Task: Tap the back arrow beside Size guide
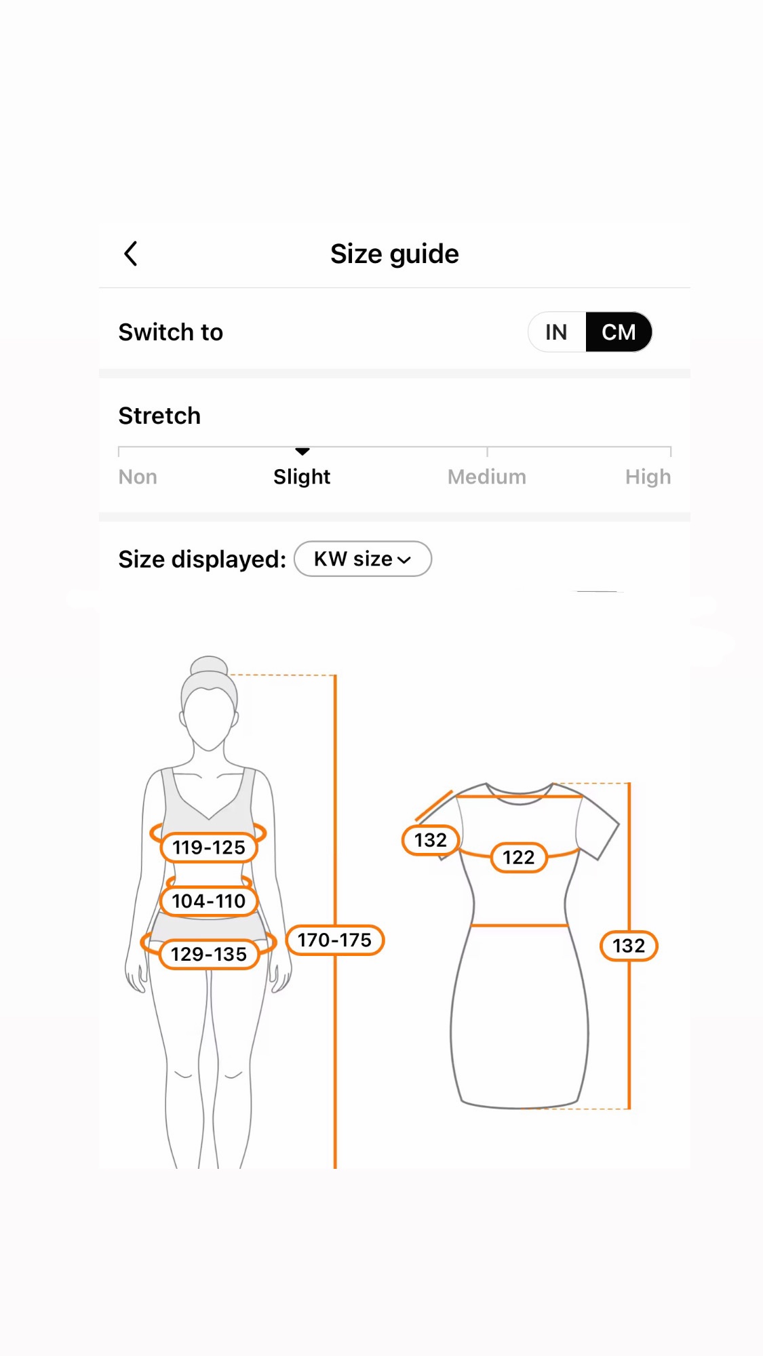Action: tap(131, 254)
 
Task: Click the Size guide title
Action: tap(395, 254)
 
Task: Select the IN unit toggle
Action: tap(556, 332)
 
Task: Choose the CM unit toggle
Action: tap(619, 332)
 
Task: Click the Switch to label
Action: tap(171, 332)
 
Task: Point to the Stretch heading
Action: tap(159, 416)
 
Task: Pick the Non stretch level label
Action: tap(138, 477)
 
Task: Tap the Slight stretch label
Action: tap(302, 477)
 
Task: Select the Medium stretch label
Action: tap(487, 477)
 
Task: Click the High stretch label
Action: tap(648, 477)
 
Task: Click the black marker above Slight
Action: tap(302, 452)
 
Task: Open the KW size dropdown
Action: tap(363, 559)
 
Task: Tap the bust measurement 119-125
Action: tap(209, 848)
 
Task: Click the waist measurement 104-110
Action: tap(209, 901)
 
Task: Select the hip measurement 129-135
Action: tap(209, 955)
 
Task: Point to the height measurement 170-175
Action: tap(335, 940)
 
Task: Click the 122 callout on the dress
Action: tap(519, 858)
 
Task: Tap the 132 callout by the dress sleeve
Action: tap(431, 841)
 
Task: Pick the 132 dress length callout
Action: tap(629, 946)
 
